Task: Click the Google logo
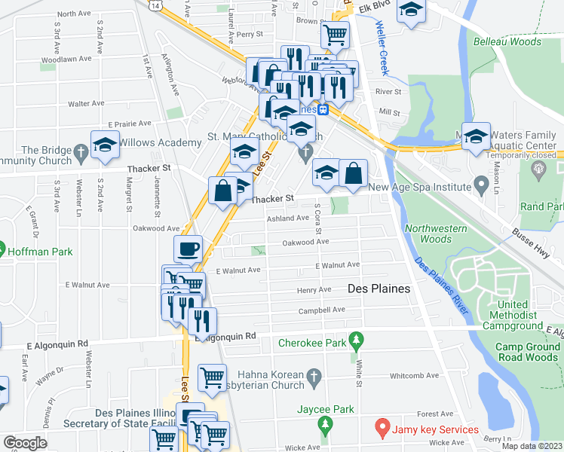[24, 443]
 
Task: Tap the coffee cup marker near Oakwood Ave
[188, 249]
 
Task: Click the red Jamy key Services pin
[382, 429]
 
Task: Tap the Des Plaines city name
[379, 289]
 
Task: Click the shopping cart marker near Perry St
[335, 34]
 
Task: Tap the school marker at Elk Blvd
[411, 10]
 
